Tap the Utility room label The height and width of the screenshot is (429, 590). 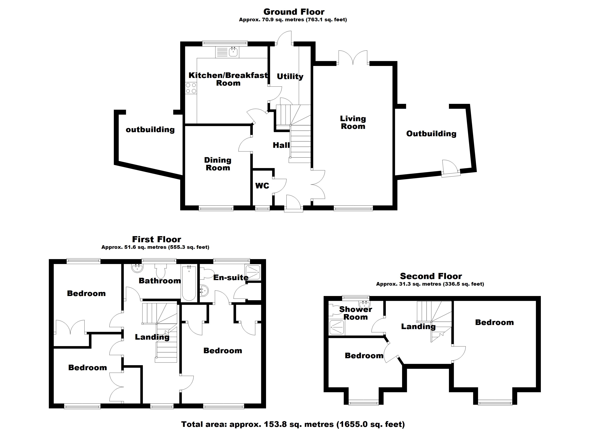(290, 77)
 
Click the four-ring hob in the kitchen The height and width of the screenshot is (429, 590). (191, 88)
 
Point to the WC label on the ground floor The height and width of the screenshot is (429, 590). (262, 186)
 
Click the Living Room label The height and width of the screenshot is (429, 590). (353, 123)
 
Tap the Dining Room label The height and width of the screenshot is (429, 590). (218, 164)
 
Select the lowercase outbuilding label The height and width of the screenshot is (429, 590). (150, 130)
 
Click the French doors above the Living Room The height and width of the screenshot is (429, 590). (353, 58)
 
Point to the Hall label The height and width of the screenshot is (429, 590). (281, 145)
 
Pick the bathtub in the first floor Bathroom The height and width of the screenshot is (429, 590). (189, 283)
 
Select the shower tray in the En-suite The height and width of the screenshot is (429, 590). (253, 272)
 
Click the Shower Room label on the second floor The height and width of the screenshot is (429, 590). (356, 313)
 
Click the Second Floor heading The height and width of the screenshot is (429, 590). (431, 276)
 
